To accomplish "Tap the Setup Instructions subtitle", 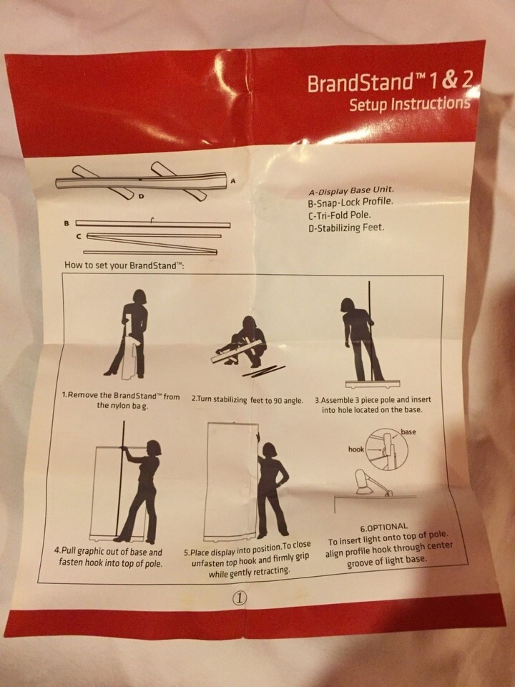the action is [x=409, y=104].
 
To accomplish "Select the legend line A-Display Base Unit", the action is [x=350, y=191].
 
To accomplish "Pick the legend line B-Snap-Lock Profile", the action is [x=350, y=203].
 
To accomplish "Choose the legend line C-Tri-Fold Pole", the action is [x=339, y=215].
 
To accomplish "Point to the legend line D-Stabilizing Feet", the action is [x=346, y=228].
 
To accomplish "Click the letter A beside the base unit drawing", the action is [x=233, y=180].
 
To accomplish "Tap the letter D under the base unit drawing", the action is [x=141, y=196].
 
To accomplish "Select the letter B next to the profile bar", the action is [x=67, y=223].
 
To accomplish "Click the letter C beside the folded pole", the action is [x=79, y=237].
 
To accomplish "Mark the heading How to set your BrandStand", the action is [x=124, y=265].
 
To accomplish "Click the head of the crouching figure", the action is [x=249, y=323].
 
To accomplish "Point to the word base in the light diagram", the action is [x=408, y=432].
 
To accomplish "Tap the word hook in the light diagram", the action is [x=356, y=449].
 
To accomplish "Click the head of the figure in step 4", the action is [x=154, y=448].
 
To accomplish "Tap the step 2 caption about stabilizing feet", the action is [x=247, y=399].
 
